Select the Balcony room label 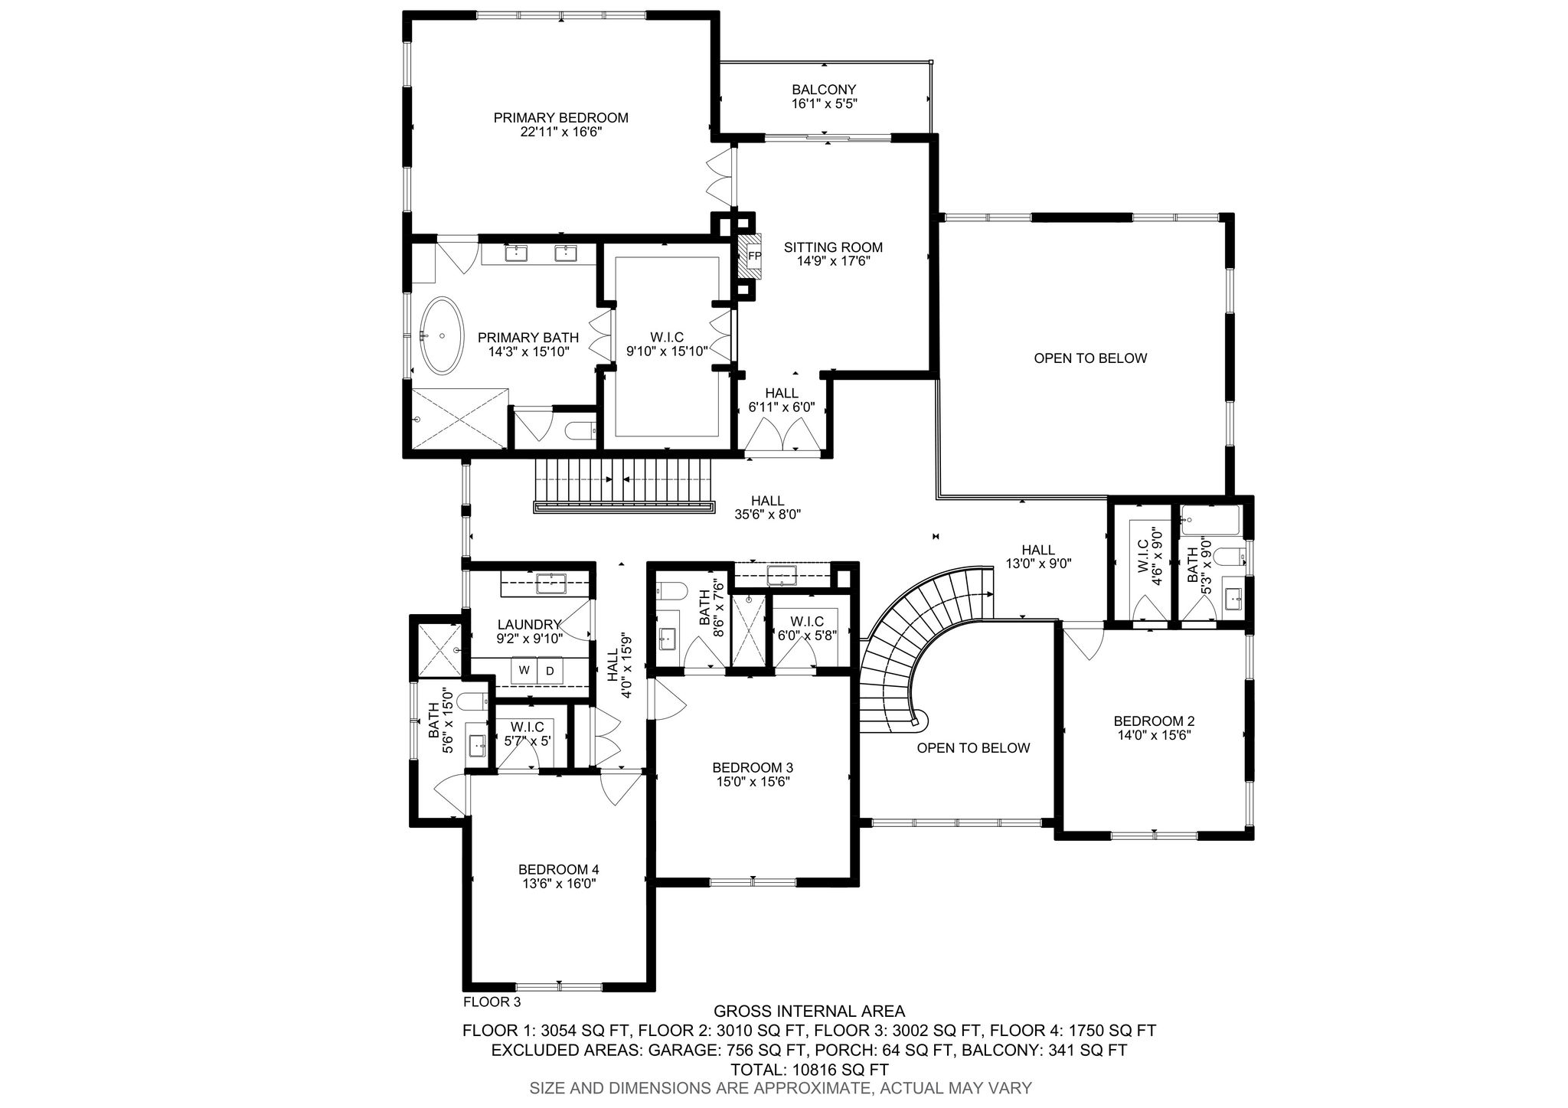[824, 90]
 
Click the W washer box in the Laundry [524, 670]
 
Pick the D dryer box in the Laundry [550, 670]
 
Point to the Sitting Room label [833, 247]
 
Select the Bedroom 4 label [558, 869]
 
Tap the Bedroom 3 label [753, 767]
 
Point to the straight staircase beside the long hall [624, 484]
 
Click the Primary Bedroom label [561, 118]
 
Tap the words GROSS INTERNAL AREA [809, 1012]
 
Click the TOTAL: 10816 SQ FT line [809, 1070]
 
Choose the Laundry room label [529, 624]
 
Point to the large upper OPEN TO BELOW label [1090, 358]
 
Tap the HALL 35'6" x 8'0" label [767, 508]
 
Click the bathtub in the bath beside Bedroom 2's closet [1210, 521]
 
